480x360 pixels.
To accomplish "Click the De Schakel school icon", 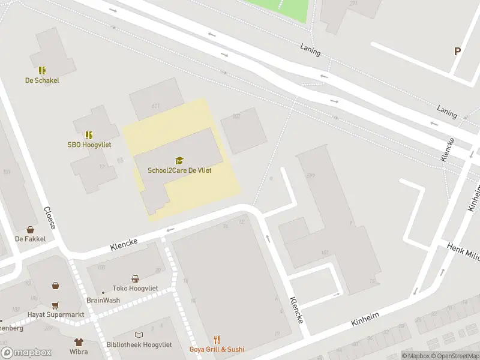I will (42, 70).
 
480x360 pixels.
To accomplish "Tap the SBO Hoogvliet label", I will (89, 145).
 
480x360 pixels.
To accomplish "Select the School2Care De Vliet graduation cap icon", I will (179, 160).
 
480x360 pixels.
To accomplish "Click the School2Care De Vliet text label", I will (179, 170).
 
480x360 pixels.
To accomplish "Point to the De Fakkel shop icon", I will (30, 229).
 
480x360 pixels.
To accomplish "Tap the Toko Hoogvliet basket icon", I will (136, 278).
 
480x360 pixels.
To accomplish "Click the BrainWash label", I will (103, 300).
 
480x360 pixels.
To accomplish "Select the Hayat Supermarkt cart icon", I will (55, 305).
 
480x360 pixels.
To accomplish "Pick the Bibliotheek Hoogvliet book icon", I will (139, 335).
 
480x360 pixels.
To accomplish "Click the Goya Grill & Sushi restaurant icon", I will (217, 340).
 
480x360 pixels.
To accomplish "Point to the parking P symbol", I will (457, 52).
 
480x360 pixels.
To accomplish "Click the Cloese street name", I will (50, 218).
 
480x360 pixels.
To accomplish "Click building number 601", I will (156, 106).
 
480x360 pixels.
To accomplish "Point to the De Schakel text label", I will (42, 80).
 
